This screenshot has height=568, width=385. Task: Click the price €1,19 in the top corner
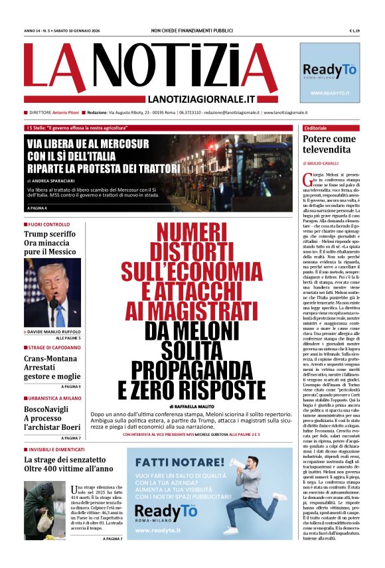click(x=354, y=31)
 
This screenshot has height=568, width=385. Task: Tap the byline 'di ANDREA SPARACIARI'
click(x=54, y=180)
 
